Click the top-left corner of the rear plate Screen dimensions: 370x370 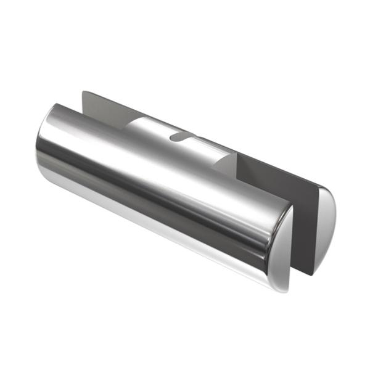tap(83, 92)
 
